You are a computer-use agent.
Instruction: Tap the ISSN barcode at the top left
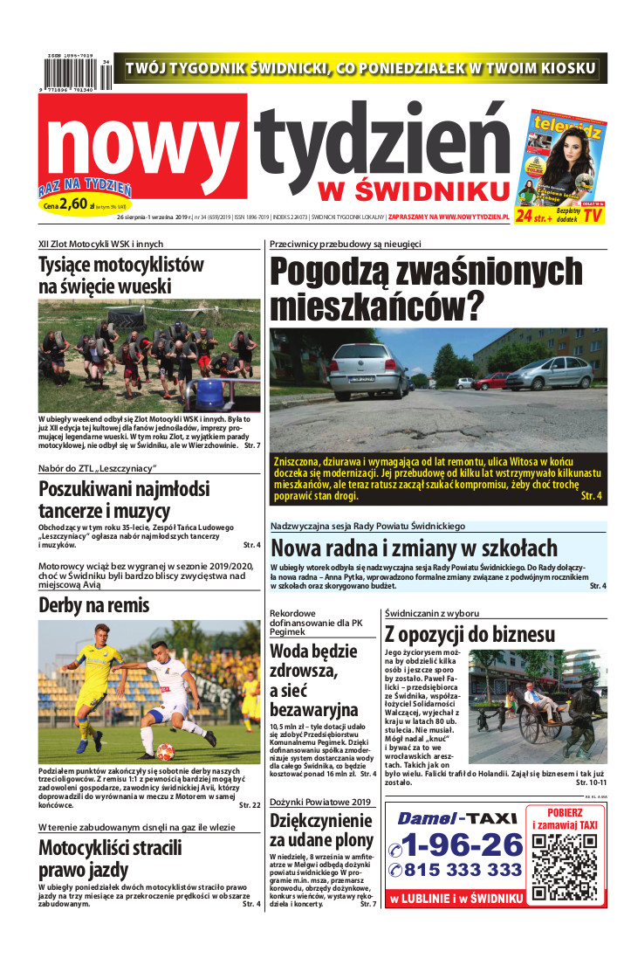(75, 74)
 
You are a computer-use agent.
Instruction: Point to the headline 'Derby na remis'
(94, 605)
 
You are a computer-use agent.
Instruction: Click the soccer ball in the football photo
(165, 751)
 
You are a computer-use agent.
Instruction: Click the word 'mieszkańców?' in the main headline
(376, 307)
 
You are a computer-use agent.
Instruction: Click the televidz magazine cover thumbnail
(560, 157)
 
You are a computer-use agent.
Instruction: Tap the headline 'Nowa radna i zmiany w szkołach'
(414, 548)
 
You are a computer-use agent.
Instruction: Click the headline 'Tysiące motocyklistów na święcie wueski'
(121, 275)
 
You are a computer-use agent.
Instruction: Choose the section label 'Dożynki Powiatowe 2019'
(320, 802)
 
